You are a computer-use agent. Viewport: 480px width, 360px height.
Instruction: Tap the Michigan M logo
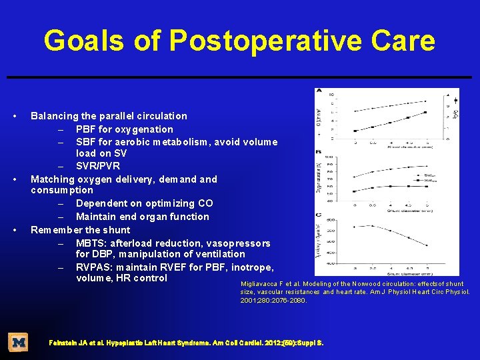[x=18, y=343]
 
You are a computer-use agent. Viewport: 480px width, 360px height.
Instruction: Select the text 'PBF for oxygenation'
[x=124, y=129]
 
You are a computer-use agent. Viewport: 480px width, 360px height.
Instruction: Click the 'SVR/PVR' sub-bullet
[x=97, y=166]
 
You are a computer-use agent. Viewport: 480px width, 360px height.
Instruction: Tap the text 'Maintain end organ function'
[x=142, y=217]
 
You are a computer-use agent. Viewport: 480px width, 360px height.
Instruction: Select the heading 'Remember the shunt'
[x=81, y=230]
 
